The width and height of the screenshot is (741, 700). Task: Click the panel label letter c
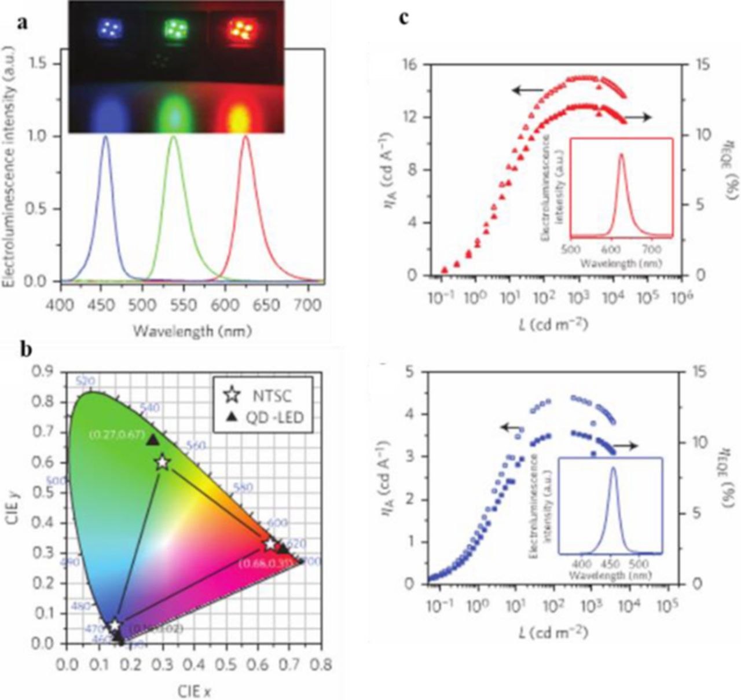405,17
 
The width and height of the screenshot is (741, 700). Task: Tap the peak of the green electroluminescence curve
173,137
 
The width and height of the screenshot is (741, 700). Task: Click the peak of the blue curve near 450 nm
105,137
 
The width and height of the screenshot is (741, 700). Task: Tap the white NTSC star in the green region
163,463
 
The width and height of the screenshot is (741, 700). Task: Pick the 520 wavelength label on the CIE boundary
85,381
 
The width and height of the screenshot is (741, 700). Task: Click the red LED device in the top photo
239,27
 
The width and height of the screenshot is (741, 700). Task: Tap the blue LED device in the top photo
109,27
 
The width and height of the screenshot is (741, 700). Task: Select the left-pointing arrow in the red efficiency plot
526,90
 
